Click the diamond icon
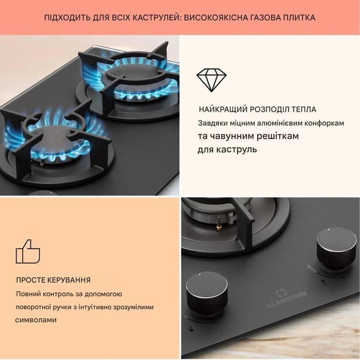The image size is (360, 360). click(212, 80)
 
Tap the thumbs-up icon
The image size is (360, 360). click(28, 251)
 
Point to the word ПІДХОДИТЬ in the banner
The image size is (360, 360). click(67, 18)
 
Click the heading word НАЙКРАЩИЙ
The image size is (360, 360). click(223, 109)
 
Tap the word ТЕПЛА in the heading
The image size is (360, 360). click(304, 109)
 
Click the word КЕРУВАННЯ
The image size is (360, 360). click(69, 280)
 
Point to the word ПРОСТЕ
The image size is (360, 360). click(30, 280)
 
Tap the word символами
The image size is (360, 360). click(36, 320)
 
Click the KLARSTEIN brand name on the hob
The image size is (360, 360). click(286, 300)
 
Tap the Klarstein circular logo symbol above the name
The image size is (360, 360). click(280, 294)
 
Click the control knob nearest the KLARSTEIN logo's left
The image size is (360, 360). click(207, 293)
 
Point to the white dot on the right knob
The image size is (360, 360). click(328, 229)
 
